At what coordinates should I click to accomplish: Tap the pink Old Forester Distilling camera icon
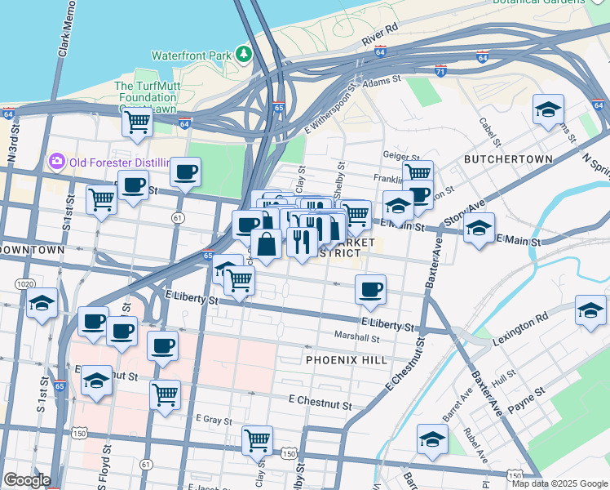click(x=57, y=161)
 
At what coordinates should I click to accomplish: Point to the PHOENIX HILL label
click(x=343, y=359)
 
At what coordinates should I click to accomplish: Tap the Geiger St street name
click(x=400, y=154)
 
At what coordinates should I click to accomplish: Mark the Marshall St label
click(x=357, y=336)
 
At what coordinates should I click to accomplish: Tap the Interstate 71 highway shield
click(x=441, y=72)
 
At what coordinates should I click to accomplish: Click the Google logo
click(x=26, y=480)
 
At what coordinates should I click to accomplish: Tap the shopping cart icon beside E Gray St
click(x=258, y=440)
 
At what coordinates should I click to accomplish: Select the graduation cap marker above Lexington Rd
click(x=590, y=310)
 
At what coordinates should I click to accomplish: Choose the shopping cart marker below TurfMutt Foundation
click(x=137, y=122)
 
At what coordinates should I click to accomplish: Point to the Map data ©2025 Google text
click(x=559, y=483)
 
